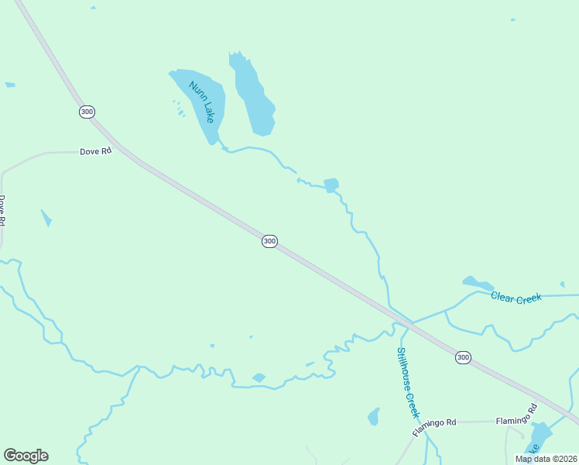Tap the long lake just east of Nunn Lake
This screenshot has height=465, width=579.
253,96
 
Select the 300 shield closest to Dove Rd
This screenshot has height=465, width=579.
87,112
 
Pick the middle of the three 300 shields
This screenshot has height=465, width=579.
269,241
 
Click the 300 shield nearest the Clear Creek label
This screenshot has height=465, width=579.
462,357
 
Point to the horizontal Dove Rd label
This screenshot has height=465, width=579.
96,152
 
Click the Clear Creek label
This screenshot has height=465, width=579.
516,298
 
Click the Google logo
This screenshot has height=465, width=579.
26,456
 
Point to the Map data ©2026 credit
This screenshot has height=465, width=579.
546,459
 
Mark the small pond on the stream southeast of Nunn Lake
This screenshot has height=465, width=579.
331,185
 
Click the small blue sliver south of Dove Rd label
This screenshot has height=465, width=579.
46,218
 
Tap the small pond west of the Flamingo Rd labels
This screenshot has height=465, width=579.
375,416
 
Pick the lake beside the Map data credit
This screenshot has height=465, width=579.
540,436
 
